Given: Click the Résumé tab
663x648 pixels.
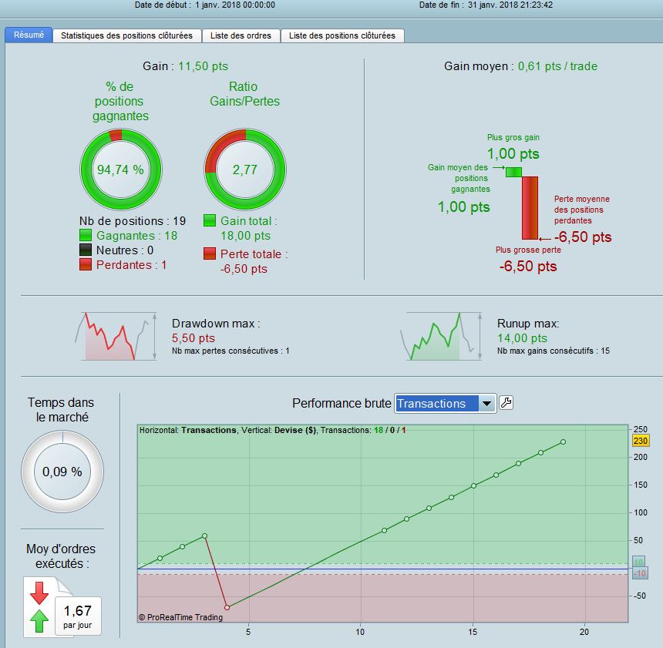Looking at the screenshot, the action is pyautogui.click(x=29, y=35).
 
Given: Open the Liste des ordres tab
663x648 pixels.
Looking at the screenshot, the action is pyautogui.click(x=241, y=35).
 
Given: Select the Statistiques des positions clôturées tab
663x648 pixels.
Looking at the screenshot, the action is pyautogui.click(x=126, y=35).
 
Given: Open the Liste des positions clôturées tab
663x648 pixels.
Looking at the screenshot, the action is pyautogui.click(x=342, y=35).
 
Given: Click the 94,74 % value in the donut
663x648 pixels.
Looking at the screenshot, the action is pyautogui.click(x=120, y=170).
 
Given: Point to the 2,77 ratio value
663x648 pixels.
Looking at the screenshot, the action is pyautogui.click(x=245, y=170).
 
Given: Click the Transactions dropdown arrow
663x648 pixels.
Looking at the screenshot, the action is pyautogui.click(x=486, y=404).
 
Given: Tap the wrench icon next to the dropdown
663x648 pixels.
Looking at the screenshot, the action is pyautogui.click(x=507, y=403).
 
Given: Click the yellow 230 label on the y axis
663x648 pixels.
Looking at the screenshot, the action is pyautogui.click(x=640, y=441).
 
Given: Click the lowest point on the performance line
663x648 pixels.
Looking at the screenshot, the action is pyautogui.click(x=227, y=607).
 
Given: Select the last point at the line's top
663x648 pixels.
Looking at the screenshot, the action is pyautogui.click(x=564, y=442).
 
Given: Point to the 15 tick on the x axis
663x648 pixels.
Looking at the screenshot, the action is pyautogui.click(x=473, y=632).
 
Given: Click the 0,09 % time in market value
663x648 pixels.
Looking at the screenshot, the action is pyautogui.click(x=62, y=472).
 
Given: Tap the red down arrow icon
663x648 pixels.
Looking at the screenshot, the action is pyautogui.click(x=39, y=593).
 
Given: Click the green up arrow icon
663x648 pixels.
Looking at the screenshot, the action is pyautogui.click(x=39, y=621).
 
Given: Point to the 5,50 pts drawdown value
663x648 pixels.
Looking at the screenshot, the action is pyautogui.click(x=194, y=338).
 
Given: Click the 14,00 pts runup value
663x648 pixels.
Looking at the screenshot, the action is pyautogui.click(x=522, y=338).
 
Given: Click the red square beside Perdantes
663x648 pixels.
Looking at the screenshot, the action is pyautogui.click(x=86, y=264).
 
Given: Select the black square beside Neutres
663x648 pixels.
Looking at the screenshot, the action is pyautogui.click(x=86, y=250).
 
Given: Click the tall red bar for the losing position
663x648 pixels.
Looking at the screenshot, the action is pyautogui.click(x=530, y=208).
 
